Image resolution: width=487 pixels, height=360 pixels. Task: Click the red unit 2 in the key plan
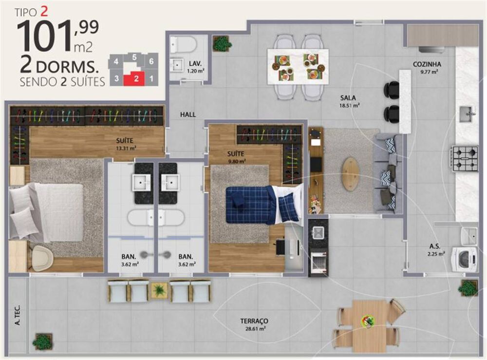tap(136, 78)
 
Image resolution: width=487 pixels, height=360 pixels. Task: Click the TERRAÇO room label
tap(254, 321)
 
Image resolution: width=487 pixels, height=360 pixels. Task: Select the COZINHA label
tap(427, 64)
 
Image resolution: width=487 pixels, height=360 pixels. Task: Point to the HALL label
tap(187, 114)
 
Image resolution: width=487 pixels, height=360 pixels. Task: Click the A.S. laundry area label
tap(435, 246)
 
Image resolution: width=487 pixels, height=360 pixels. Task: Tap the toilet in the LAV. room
tap(184, 45)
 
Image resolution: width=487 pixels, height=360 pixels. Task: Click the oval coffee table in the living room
tap(351, 174)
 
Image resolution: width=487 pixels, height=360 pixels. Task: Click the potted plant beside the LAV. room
tap(222, 43)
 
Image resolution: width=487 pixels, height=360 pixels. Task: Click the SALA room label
tap(348, 97)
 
